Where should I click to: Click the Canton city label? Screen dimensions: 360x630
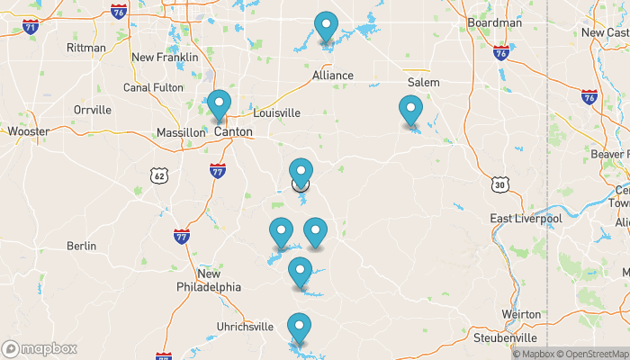233,131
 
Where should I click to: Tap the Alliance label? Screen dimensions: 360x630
333,76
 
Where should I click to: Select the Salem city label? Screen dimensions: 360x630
423,82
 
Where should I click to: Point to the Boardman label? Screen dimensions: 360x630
495,22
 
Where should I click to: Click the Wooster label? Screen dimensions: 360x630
28,131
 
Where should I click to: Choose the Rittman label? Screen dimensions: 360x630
86,48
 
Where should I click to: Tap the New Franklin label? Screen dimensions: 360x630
165,58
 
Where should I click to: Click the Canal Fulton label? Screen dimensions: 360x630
153,87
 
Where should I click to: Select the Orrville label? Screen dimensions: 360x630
93,110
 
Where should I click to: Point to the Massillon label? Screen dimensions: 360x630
181,132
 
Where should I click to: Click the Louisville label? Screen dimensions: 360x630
276,113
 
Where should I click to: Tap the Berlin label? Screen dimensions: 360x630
81,246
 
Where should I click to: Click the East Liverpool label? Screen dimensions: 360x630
526,219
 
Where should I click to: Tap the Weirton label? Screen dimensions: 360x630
522,314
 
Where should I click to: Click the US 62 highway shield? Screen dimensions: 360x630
159,175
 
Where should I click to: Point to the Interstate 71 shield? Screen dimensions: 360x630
31,26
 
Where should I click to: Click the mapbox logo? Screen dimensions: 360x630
40,348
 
